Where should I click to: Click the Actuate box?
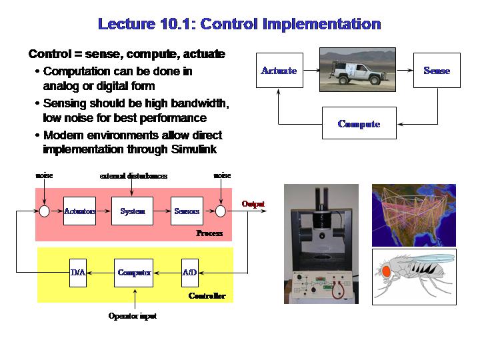[279, 71]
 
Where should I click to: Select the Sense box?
[437, 71]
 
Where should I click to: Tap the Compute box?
[359, 123]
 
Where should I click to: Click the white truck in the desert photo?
[357, 72]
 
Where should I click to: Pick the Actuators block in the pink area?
[79, 211]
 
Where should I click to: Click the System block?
[132, 211]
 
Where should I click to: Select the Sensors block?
[187, 211]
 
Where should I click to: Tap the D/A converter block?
[78, 273]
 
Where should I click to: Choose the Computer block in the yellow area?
[134, 273]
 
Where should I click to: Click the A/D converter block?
[190, 273]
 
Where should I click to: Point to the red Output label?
[253, 204]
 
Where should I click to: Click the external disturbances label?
[133, 176]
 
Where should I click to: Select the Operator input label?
[133, 316]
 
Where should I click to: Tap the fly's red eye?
[386, 271]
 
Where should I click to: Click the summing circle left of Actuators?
[45, 211]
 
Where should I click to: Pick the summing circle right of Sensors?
[221, 211]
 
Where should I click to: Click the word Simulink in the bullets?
[194, 149]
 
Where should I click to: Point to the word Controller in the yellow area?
[207, 296]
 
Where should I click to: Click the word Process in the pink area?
[209, 233]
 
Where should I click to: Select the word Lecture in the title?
[127, 24]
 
